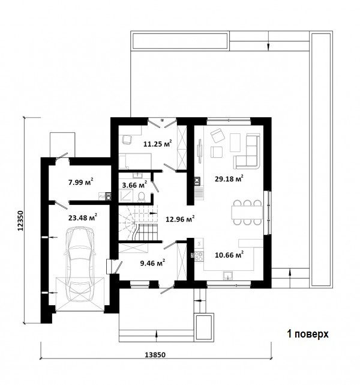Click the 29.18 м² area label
pos(229,178)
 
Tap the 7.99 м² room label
pos(80,182)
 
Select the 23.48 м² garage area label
pos(83,217)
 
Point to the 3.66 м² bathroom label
pos(134,184)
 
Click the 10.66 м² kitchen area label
pos(229,255)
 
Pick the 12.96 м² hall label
pos(180,219)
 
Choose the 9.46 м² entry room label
pos(152,263)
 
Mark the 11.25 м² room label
pos(157,144)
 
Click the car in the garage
pos(80,264)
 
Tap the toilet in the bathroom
pos(141,197)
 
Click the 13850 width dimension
pos(155,354)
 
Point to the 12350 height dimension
pos(20,220)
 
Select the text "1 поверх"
pos(308,334)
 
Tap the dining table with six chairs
pos(247,213)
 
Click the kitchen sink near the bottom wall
pos(229,276)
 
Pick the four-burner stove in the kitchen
pos(199,256)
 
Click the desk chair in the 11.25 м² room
pos(127,140)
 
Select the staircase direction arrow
pos(153,213)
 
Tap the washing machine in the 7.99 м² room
pos(109,196)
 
